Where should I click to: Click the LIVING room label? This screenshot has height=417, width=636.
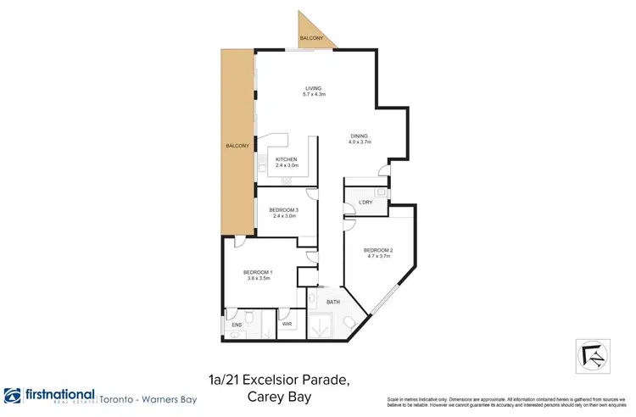315,87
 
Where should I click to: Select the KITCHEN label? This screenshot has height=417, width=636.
286,159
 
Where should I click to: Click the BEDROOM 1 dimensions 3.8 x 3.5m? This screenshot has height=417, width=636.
258,278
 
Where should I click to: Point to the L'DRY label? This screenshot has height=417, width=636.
366,202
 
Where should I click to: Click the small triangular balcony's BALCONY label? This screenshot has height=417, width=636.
311,39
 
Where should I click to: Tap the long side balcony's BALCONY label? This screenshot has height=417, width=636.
237,147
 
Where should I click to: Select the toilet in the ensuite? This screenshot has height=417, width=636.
233,334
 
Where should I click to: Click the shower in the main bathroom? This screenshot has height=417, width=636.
321,325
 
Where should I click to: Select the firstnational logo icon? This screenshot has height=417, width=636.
13,397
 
